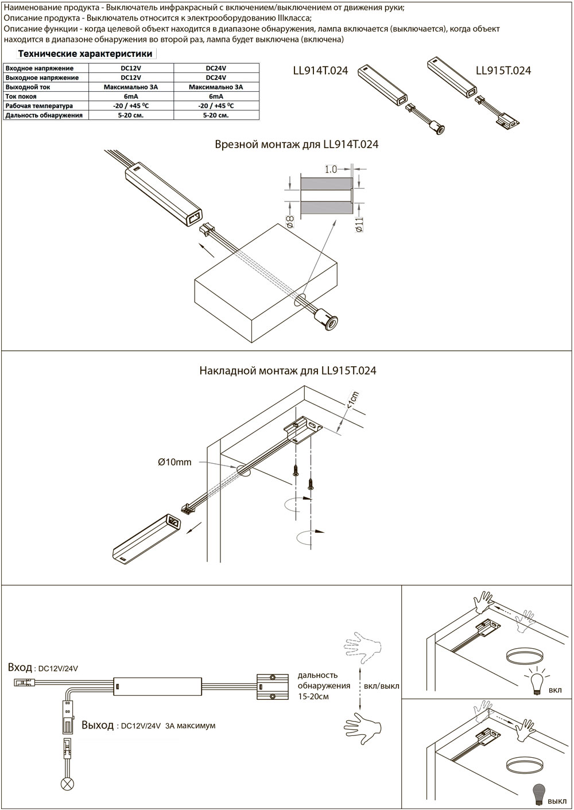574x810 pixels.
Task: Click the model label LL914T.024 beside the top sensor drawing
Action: (320, 71)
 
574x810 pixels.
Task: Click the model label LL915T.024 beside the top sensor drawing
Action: (503, 71)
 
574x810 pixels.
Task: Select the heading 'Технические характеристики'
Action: (86, 54)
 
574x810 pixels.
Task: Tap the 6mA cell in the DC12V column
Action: (130, 96)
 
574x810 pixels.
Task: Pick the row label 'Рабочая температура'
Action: (39, 106)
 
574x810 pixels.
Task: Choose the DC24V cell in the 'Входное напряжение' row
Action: (215, 68)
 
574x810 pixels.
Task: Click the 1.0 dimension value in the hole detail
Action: (331, 169)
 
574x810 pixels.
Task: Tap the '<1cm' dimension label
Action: (352, 400)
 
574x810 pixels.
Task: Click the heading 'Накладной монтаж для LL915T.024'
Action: (288, 371)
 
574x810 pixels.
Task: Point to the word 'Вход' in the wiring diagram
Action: (20, 668)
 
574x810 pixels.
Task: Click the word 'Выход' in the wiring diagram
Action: (98, 725)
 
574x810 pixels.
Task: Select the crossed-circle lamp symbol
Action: (67, 784)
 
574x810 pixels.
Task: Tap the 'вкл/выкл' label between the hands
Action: (382, 686)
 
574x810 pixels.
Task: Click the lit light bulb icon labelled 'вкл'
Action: (537, 683)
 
